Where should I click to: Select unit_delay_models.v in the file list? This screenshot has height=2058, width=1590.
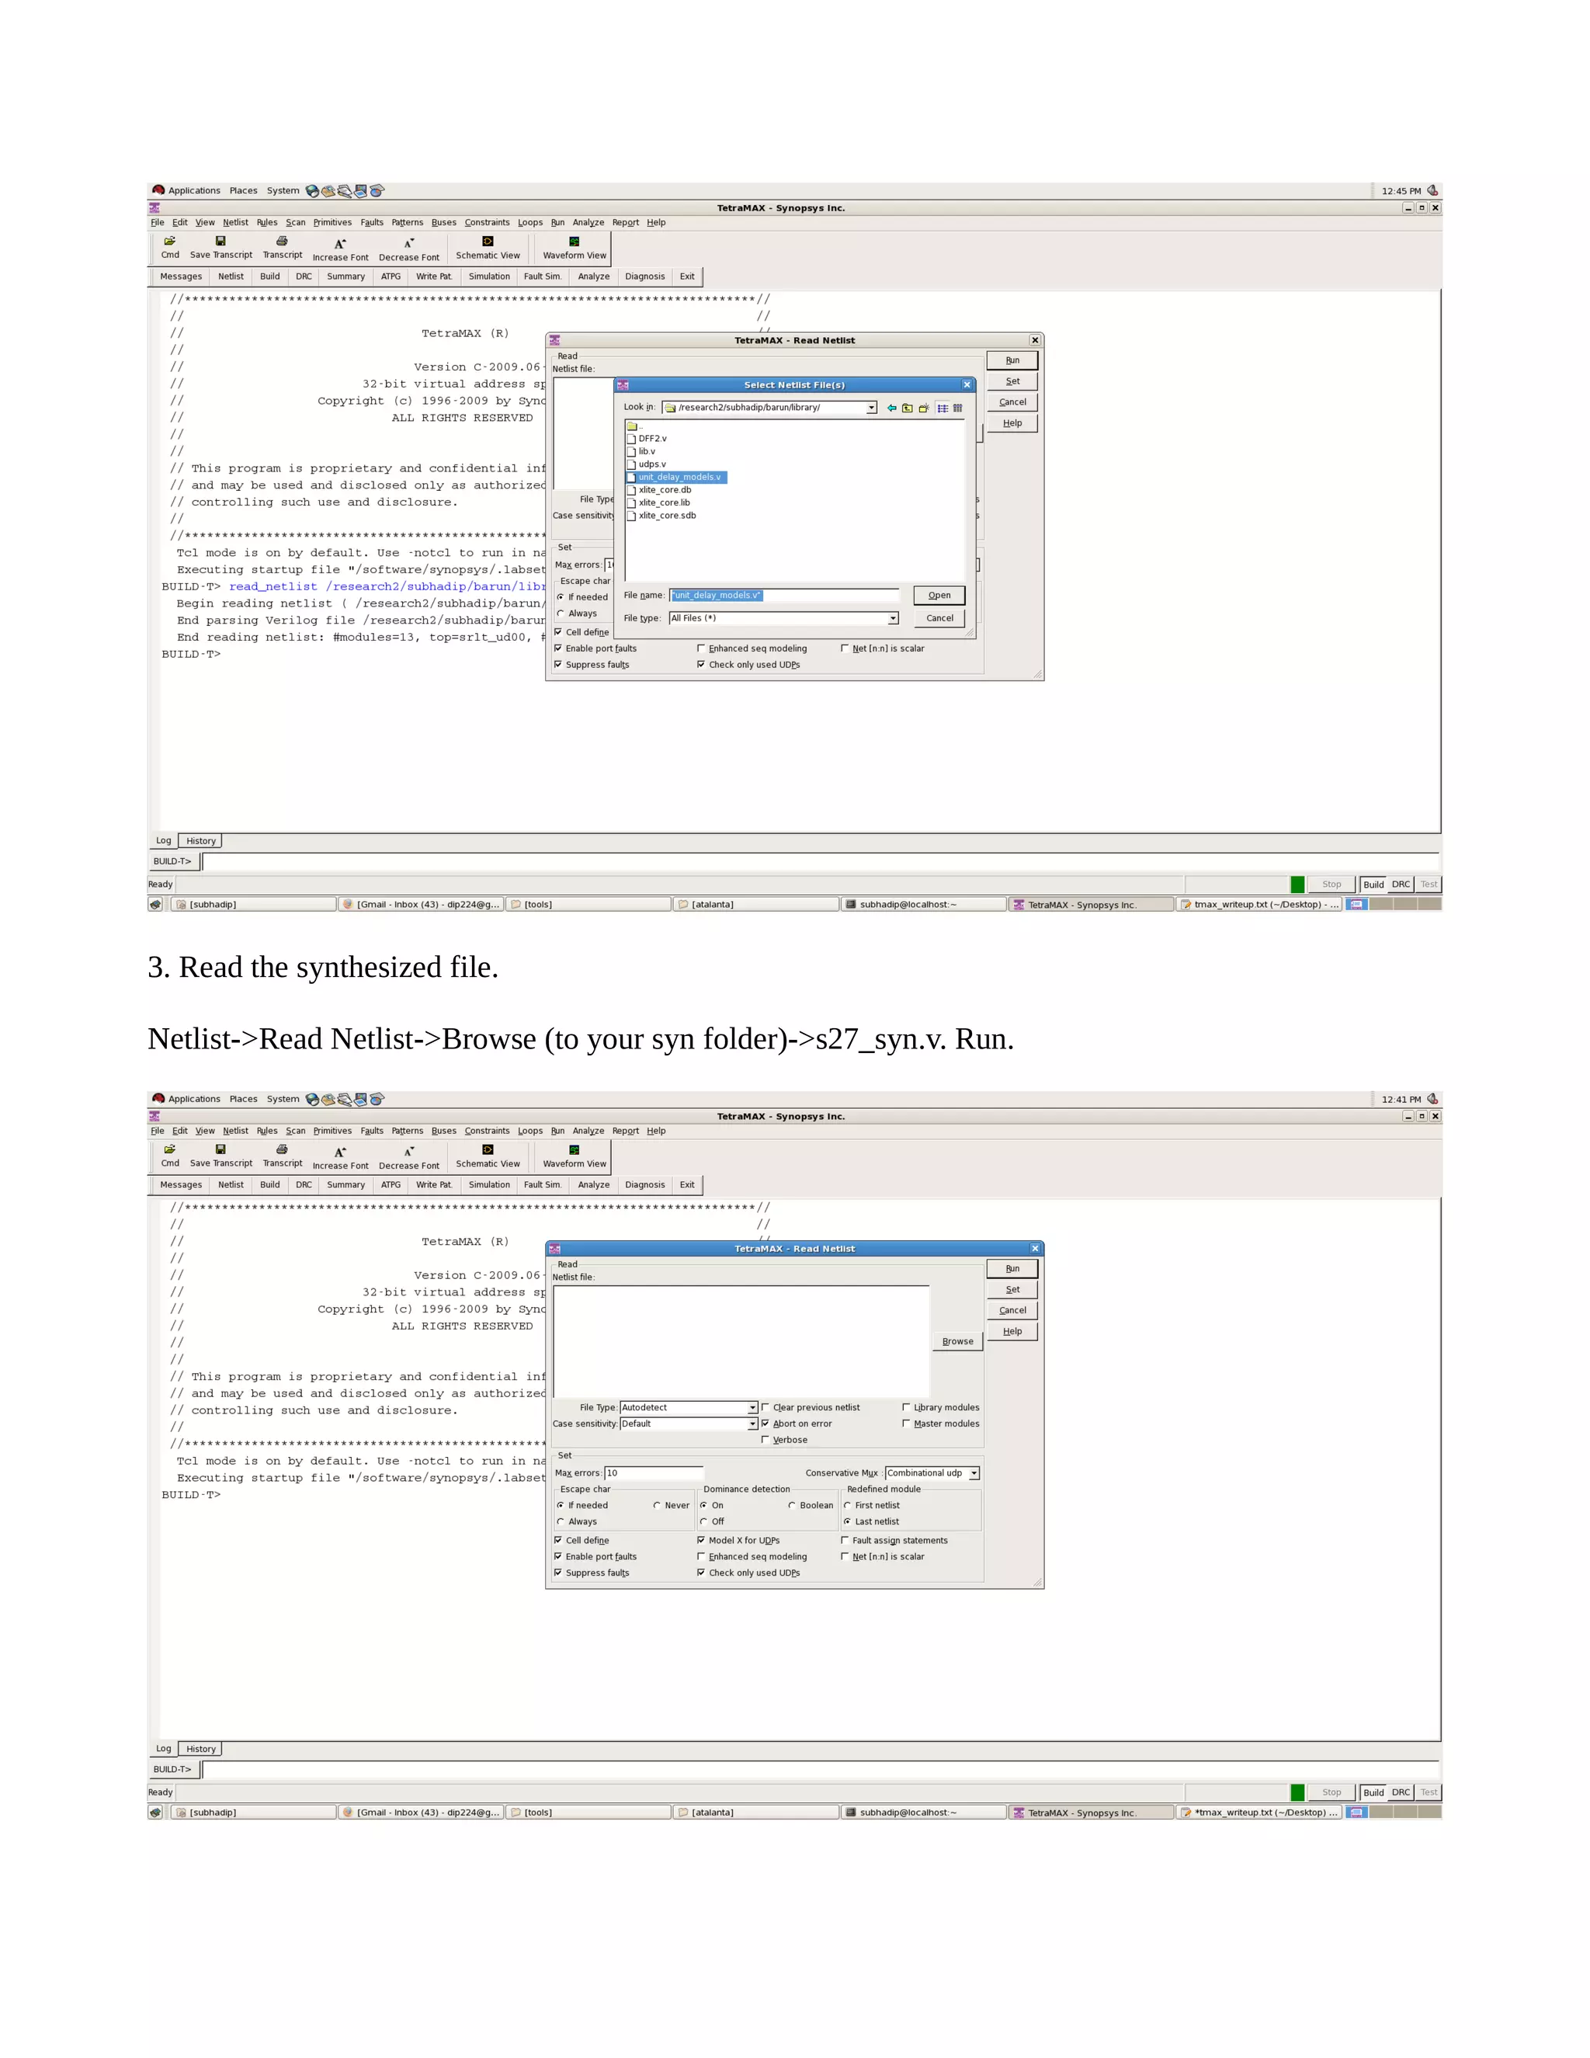679,477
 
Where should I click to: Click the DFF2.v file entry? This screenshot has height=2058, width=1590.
652,438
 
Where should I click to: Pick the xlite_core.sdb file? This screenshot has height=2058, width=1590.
667,516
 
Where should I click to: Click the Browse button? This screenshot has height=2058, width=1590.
957,1341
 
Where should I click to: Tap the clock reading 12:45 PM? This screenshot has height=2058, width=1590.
1401,190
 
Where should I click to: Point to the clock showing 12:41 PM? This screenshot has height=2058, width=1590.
1401,1099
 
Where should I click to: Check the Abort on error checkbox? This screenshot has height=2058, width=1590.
765,1423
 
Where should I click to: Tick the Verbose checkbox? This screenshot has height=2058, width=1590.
765,1439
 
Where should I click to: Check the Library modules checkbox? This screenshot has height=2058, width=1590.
906,1407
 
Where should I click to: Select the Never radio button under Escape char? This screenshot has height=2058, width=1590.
657,1505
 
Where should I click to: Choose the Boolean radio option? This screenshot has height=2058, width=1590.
792,1505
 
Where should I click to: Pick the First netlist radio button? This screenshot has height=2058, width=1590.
848,1505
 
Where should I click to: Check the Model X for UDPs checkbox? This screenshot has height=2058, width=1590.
701,1540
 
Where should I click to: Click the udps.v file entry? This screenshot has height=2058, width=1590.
652,464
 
